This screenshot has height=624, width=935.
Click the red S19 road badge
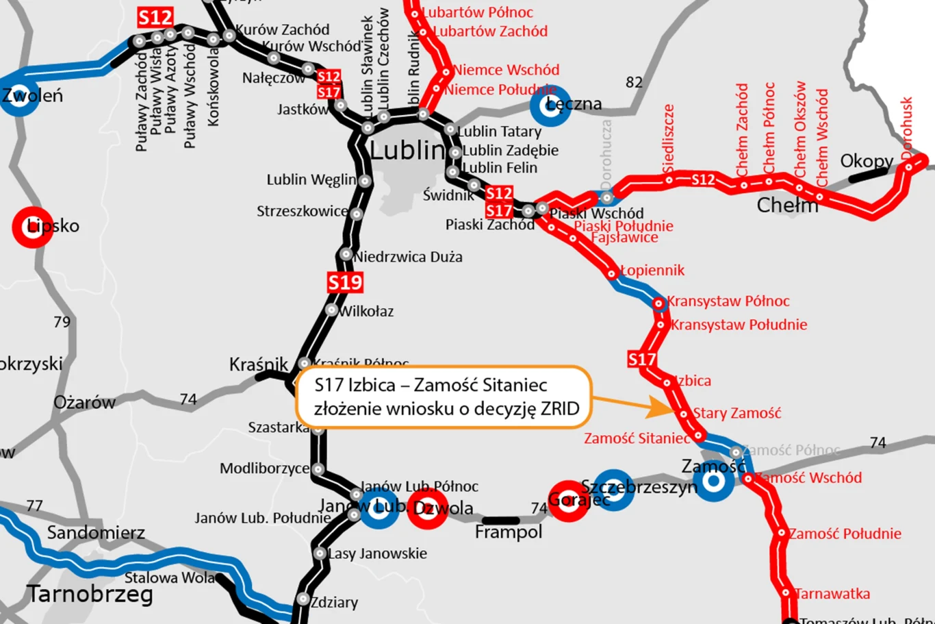pyautogui.click(x=345, y=282)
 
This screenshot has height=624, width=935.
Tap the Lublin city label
pyautogui.click(x=407, y=151)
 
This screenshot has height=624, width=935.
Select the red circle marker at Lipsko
pyautogui.click(x=31, y=227)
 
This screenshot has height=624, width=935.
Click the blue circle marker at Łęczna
pyautogui.click(x=550, y=105)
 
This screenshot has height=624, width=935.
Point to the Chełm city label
pyautogui.click(x=787, y=205)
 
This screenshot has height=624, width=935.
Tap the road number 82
pyautogui.click(x=634, y=83)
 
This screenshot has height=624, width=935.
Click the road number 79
pyautogui.click(x=62, y=322)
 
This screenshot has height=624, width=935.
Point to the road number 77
pyautogui.click(x=34, y=506)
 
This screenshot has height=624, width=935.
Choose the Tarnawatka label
pyautogui.click(x=832, y=594)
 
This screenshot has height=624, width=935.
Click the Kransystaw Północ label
pyautogui.click(x=728, y=301)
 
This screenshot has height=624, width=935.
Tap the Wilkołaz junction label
pyautogui.click(x=366, y=312)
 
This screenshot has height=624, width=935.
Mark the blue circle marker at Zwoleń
pyautogui.click(x=18, y=95)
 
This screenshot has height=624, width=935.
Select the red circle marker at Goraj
pyautogui.click(x=567, y=501)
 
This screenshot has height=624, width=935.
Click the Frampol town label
pyautogui.click(x=508, y=532)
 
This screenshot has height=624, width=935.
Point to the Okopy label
pyautogui.click(x=867, y=161)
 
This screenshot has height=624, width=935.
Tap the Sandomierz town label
pyautogui.click(x=96, y=532)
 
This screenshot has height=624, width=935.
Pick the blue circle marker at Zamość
pyautogui.click(x=713, y=480)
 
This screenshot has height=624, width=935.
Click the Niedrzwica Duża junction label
pyautogui.click(x=408, y=257)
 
